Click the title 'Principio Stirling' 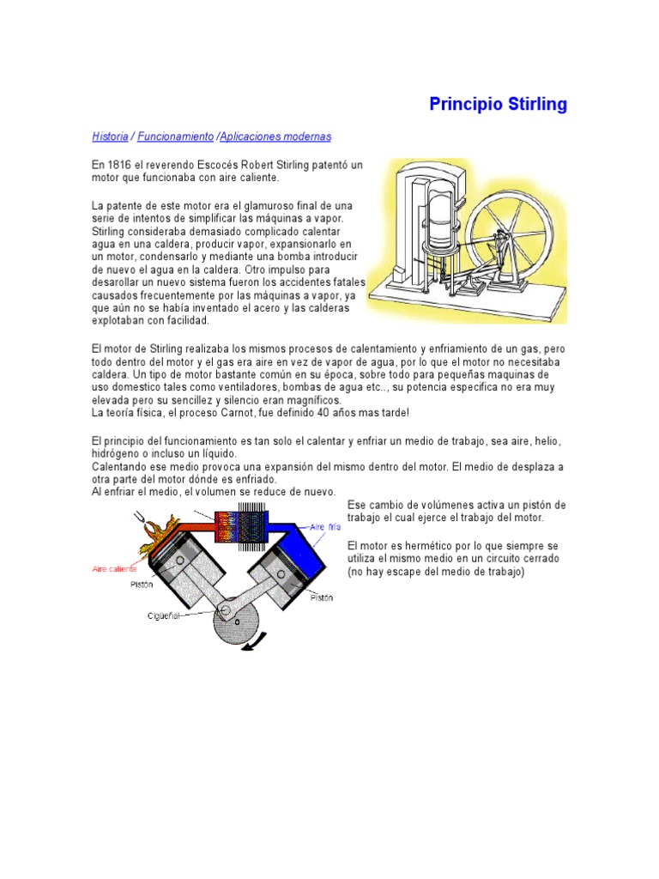498,105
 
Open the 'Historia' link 110,136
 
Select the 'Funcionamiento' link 175,136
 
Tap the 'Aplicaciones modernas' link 275,136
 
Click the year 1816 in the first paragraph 118,164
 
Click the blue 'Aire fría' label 326,526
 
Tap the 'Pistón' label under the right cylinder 322,597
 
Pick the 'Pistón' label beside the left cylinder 142,586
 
